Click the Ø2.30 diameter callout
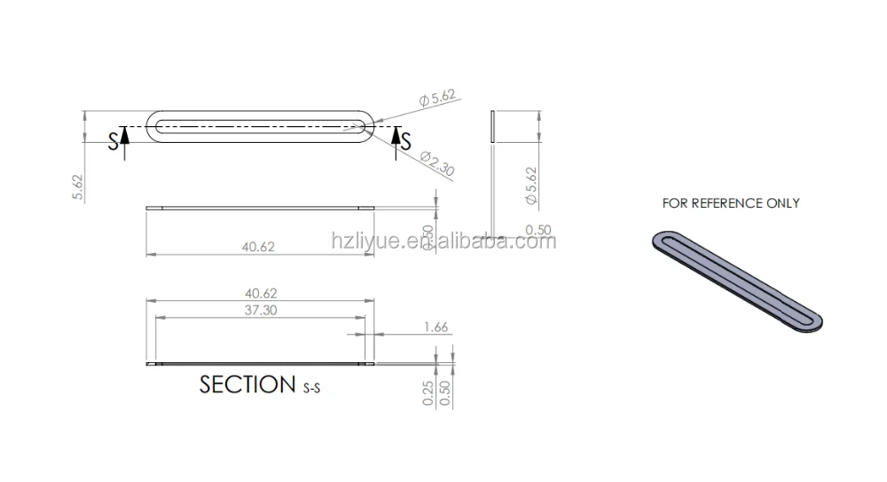pyautogui.click(x=437, y=163)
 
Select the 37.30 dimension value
pyautogui.click(x=261, y=311)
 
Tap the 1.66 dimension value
pyautogui.click(x=436, y=327)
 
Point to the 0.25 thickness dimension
pyautogui.click(x=428, y=393)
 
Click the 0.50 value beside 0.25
pyautogui.click(x=444, y=393)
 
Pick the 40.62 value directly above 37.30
pyautogui.click(x=261, y=294)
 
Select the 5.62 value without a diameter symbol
pyautogui.click(x=77, y=187)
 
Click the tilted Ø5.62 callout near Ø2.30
pyautogui.click(x=437, y=98)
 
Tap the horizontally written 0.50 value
pyautogui.click(x=538, y=230)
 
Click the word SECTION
pyautogui.click(x=247, y=384)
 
